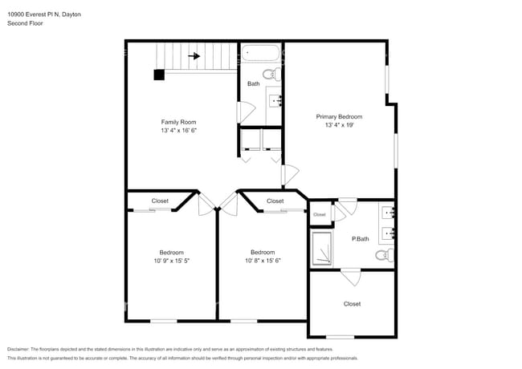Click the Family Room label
(x=178, y=122)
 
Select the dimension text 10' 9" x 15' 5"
(x=171, y=261)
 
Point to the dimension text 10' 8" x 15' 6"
(x=263, y=261)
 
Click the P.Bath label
(x=361, y=238)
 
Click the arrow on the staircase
(x=194, y=56)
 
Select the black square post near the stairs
(x=159, y=75)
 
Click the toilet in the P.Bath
(x=384, y=256)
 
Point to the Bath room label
(x=253, y=83)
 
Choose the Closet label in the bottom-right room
(x=352, y=304)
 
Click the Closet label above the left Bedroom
(x=160, y=201)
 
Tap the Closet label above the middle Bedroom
(x=275, y=201)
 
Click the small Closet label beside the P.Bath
(x=320, y=214)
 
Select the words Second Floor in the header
(x=25, y=24)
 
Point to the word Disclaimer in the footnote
(x=21, y=350)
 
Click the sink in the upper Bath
(x=274, y=100)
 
